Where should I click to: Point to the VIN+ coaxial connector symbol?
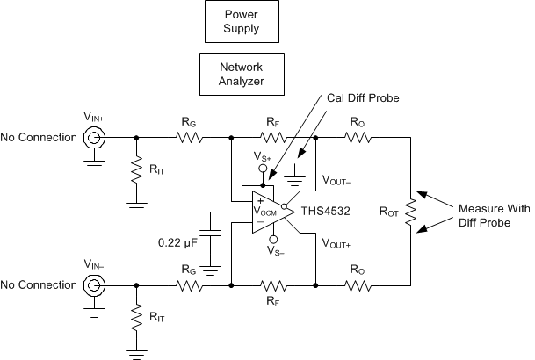92,138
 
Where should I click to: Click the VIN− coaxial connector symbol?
92,285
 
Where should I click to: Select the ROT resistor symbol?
409,212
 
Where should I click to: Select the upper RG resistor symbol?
188,138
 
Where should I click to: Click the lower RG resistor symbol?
188,285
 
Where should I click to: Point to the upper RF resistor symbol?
274,138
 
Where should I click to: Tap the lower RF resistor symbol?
274,285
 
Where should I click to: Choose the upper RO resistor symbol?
359,138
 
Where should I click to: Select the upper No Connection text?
38,138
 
